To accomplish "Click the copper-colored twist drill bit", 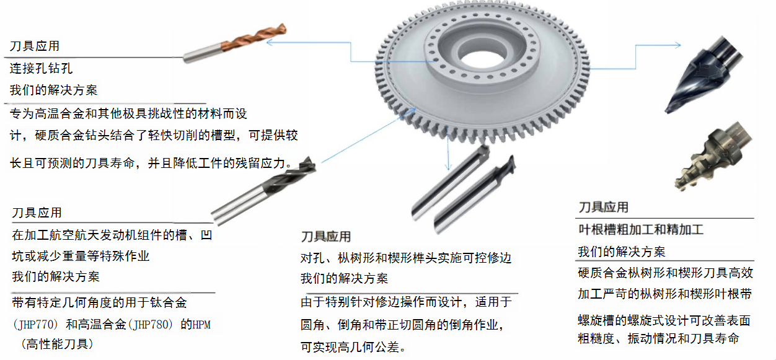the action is tap(236, 43).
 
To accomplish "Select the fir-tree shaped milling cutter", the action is tap(713, 156).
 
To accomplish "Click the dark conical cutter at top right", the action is tap(703, 74).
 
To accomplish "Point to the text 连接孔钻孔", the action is tap(41, 68).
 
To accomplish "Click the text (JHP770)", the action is tap(34, 325).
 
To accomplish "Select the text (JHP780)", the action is tap(150, 325).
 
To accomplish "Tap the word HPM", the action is tap(201, 325).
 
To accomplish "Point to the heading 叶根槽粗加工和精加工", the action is tap(641, 230).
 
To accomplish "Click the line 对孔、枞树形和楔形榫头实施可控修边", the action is tap(406, 258).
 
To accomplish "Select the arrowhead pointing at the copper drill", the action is tap(271, 42).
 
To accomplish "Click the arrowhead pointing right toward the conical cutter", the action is tap(677, 45).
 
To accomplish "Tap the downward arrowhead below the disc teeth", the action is tap(448, 167).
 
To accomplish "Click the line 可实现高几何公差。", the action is tap(353, 347).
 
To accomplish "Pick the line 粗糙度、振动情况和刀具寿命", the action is tap(658, 338).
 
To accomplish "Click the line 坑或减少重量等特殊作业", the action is tap(81, 256).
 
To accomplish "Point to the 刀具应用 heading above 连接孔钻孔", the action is tap(35, 46).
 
